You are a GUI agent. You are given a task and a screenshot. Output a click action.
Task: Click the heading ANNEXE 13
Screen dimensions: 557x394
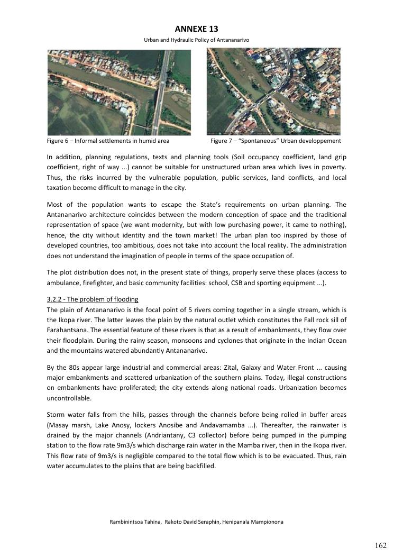(196, 29)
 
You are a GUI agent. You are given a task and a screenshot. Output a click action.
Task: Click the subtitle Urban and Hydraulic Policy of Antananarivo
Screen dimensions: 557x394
(196, 40)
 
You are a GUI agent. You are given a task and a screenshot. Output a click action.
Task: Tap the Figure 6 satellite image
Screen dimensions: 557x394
(119, 92)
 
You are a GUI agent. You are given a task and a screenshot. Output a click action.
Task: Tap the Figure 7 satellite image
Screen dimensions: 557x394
(273, 91)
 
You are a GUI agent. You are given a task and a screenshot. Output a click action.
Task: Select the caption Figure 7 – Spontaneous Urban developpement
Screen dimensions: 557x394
(276, 141)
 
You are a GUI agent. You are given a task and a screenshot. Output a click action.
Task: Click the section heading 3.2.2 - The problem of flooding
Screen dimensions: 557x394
(93, 299)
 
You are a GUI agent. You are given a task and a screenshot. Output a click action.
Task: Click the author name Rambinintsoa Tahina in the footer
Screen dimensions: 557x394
(135, 522)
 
